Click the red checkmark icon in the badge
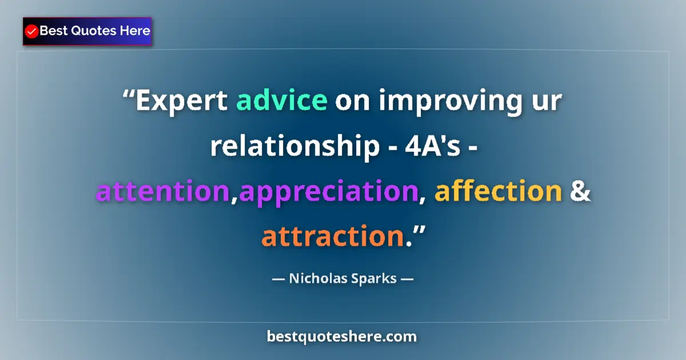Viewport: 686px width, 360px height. point(32,31)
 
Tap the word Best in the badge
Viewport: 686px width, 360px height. point(54,31)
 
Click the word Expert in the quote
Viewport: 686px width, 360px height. point(182,101)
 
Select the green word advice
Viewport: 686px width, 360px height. point(282,101)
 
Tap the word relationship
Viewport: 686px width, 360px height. point(290,147)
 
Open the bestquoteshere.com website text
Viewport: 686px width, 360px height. point(342,337)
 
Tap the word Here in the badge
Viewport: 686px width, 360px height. point(134,31)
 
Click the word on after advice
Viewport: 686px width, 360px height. point(349,102)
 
